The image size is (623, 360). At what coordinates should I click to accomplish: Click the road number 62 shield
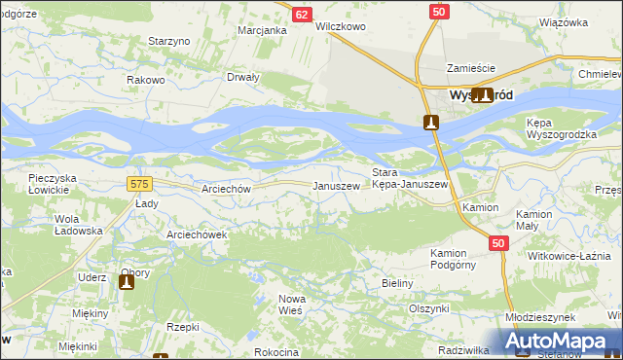click(x=302, y=15)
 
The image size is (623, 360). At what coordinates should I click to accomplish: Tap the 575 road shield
click(x=139, y=183)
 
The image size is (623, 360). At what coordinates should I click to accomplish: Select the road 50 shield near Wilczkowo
click(x=439, y=11)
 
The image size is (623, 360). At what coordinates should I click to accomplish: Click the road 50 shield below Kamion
click(x=497, y=243)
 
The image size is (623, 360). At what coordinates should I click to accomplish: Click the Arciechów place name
click(x=226, y=189)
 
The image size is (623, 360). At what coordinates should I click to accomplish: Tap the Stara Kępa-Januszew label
click(x=410, y=178)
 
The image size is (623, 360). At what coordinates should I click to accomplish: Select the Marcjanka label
click(x=262, y=30)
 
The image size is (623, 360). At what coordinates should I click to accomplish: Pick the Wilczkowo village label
click(x=341, y=27)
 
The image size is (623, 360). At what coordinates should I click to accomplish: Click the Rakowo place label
click(x=146, y=80)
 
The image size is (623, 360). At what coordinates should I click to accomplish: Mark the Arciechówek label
click(x=197, y=234)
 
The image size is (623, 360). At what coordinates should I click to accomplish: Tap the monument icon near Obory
click(x=126, y=282)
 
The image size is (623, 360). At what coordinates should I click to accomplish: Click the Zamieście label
click(x=471, y=68)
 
